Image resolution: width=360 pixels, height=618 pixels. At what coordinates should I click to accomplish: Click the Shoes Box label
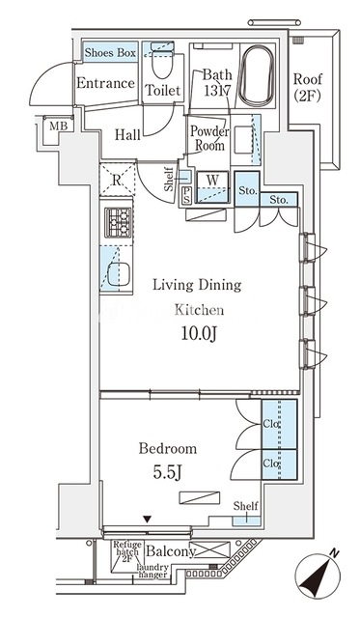click(x=110, y=53)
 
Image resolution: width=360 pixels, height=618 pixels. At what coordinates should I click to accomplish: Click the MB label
click(x=59, y=126)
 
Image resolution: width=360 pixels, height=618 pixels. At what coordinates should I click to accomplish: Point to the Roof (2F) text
click(x=308, y=87)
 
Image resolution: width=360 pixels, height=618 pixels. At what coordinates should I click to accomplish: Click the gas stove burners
click(x=118, y=222)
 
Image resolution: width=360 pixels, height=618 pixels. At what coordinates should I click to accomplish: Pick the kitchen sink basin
click(x=119, y=274)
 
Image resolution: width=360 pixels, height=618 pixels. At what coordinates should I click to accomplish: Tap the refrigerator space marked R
click(x=116, y=180)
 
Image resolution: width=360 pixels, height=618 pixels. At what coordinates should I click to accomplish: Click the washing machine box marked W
click(x=212, y=186)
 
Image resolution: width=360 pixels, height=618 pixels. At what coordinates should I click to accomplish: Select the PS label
click(x=186, y=195)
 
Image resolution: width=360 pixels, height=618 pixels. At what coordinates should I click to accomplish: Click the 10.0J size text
click(x=199, y=334)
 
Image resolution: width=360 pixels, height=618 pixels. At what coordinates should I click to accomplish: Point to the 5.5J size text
click(x=167, y=472)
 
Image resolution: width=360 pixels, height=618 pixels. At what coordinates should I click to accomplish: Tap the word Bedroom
click(x=167, y=448)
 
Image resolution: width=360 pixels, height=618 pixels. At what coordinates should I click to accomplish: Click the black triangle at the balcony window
click(x=148, y=520)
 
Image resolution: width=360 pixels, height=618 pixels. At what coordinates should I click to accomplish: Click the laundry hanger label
click(x=152, y=571)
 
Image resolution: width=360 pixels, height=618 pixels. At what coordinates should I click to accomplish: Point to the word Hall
click(x=127, y=135)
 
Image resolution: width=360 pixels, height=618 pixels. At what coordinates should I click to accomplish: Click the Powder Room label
click(x=209, y=138)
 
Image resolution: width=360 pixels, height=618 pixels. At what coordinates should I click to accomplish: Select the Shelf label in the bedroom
click(x=245, y=506)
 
